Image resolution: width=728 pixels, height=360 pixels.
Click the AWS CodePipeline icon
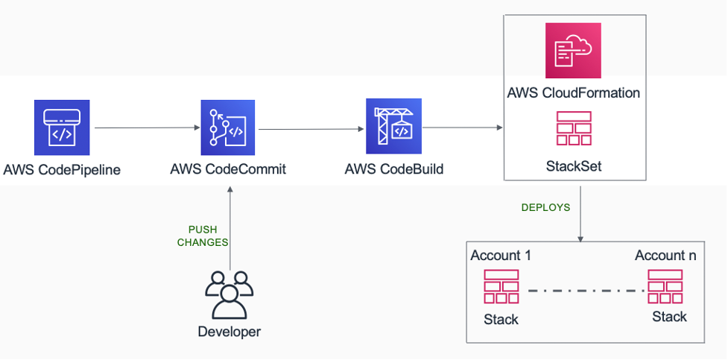(x=62, y=127)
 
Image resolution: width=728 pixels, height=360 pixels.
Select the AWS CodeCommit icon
(x=228, y=128)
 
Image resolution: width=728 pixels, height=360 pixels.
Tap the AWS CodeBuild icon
(x=393, y=128)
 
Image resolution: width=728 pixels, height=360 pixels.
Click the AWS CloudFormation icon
(x=573, y=51)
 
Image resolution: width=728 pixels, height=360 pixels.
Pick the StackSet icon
(x=573, y=129)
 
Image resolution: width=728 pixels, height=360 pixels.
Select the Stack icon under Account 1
(x=501, y=287)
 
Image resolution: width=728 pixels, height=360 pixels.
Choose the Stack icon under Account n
(x=666, y=286)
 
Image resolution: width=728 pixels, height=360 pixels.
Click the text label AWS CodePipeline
(x=62, y=169)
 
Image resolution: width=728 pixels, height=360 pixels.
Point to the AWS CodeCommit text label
(x=228, y=169)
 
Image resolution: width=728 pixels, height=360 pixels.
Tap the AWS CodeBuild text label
(x=394, y=169)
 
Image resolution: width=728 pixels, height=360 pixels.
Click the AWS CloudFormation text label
(x=573, y=93)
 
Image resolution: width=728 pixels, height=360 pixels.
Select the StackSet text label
(x=573, y=166)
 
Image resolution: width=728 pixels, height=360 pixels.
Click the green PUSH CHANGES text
(x=203, y=236)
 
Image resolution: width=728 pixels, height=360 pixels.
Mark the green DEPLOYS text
(x=545, y=208)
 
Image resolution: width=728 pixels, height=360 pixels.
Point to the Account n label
(x=665, y=256)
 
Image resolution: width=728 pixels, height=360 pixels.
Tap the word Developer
(x=230, y=332)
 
